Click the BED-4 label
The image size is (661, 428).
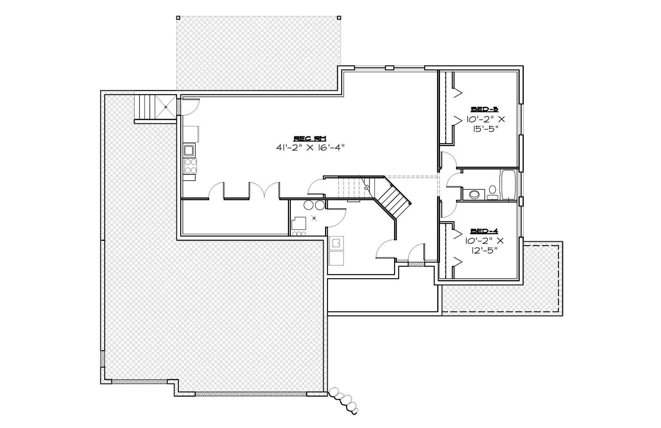[x=484, y=231]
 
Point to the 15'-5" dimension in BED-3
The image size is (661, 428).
[x=485, y=129]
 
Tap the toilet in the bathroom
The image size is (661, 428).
[x=493, y=191]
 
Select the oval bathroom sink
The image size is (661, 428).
[x=474, y=194]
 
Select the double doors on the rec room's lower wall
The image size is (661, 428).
[x=264, y=190]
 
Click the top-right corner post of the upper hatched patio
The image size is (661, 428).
[x=339, y=18]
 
